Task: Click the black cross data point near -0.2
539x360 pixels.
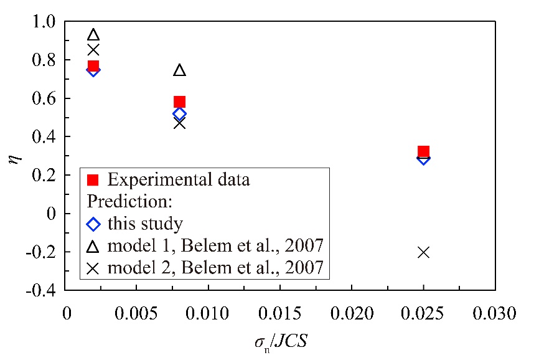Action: [423, 252]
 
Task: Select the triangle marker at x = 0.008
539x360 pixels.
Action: [179, 70]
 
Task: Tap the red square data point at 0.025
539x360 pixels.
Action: [423, 151]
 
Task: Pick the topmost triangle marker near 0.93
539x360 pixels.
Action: [93, 35]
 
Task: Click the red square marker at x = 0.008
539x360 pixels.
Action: [179, 102]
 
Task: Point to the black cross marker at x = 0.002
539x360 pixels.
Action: [93, 50]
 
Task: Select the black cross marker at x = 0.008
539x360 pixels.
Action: [179, 123]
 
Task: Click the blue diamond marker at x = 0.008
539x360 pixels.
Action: [179, 113]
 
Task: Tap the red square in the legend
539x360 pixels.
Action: [93, 181]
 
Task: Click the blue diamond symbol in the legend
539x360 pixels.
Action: [93, 224]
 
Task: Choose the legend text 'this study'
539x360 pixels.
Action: [144, 224]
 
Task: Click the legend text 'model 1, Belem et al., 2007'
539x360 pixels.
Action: [215, 245]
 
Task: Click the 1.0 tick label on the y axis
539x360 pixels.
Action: [45, 22]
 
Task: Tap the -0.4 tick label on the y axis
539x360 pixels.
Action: [42, 290]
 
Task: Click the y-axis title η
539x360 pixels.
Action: [14, 157]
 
